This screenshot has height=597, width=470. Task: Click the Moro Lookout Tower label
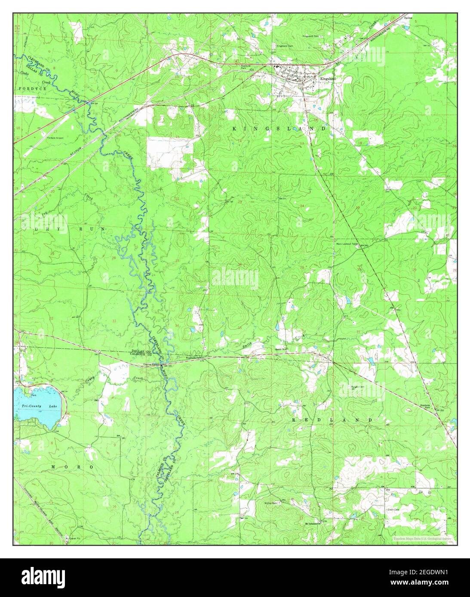(347, 244)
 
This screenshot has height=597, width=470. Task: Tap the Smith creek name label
(246, 344)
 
